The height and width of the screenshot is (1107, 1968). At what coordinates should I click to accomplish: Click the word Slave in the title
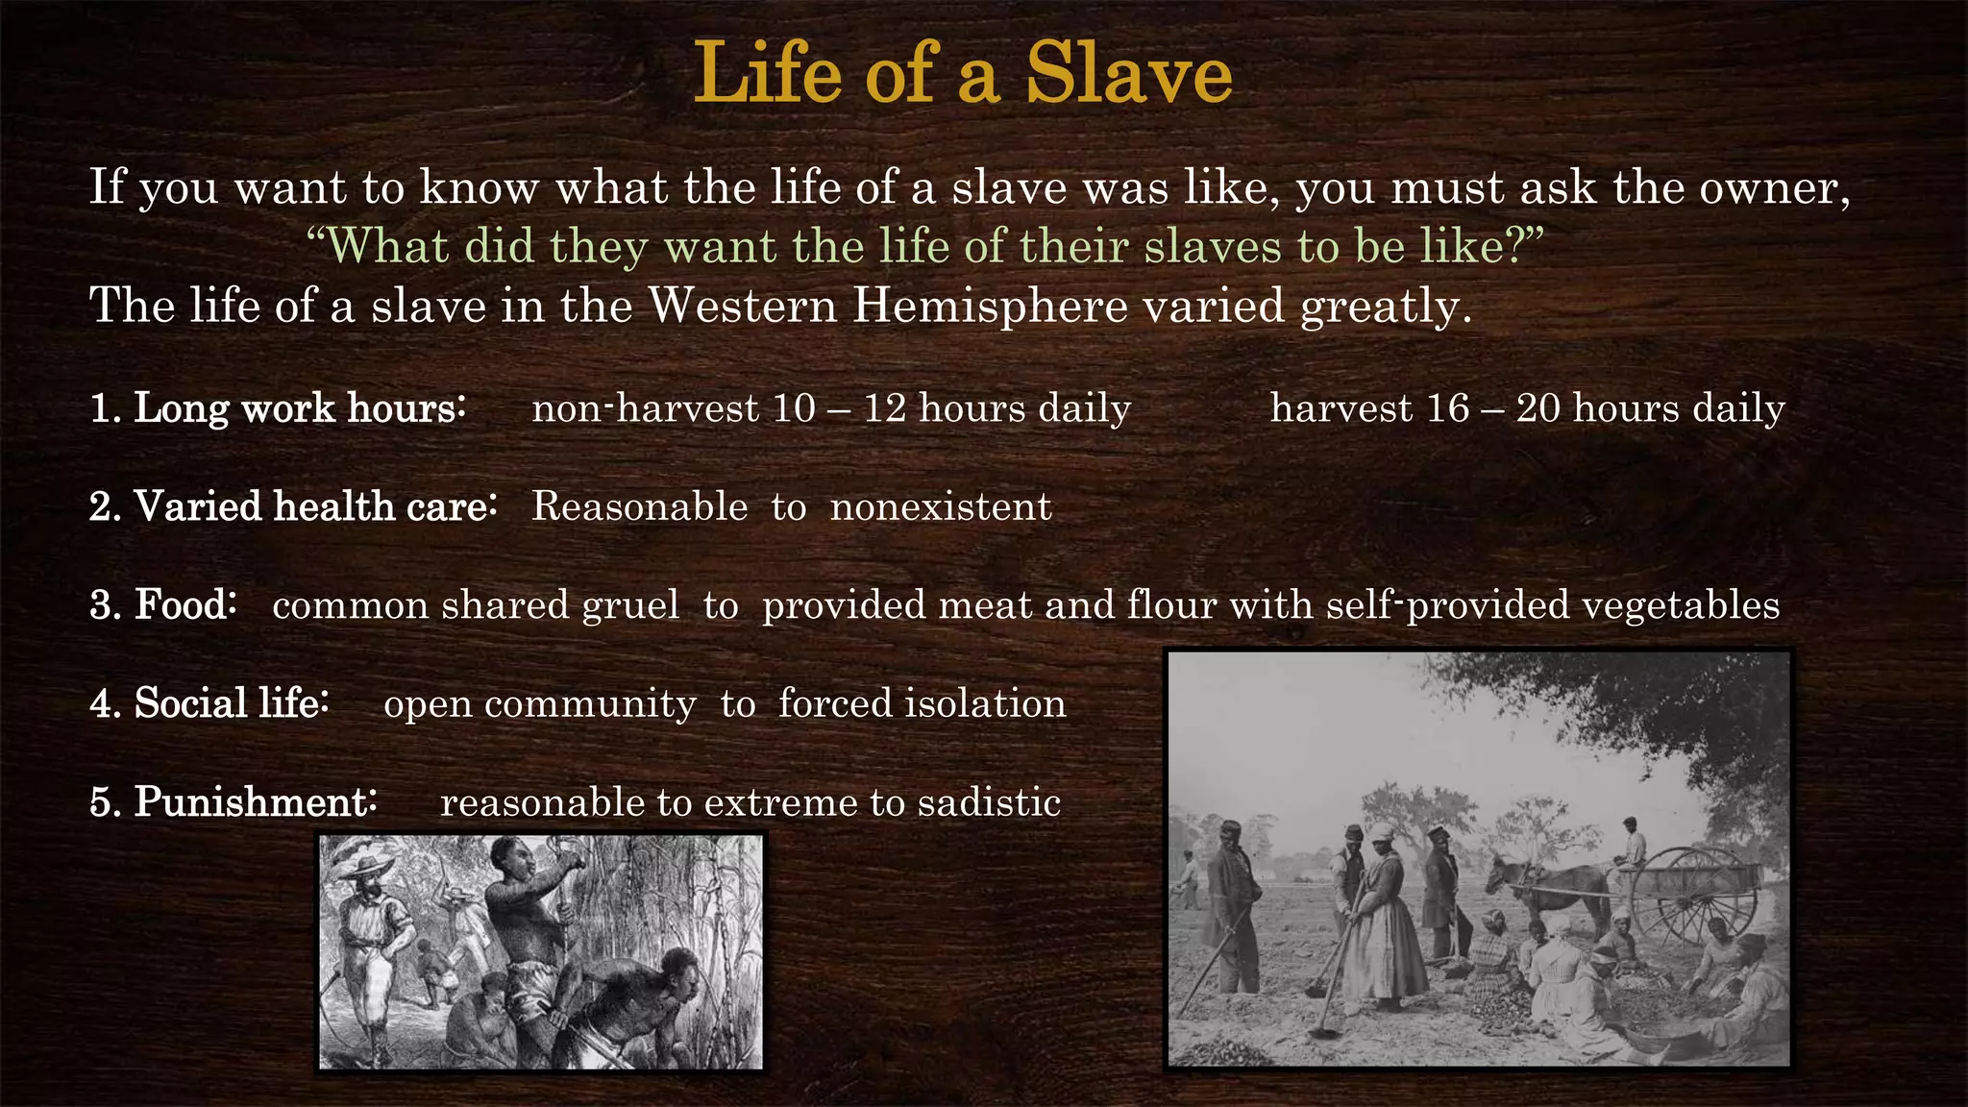(1128, 73)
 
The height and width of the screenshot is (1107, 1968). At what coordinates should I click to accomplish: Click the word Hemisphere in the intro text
(990, 306)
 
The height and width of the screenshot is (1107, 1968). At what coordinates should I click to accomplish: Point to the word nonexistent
(940, 506)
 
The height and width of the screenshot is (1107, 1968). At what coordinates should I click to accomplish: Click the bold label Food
(184, 605)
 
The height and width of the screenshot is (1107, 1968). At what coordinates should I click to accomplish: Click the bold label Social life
(231, 703)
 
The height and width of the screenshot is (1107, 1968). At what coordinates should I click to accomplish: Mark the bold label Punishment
(255, 802)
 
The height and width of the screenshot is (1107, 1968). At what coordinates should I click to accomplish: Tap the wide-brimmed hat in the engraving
(362, 862)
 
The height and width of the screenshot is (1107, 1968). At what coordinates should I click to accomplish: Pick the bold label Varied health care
(314, 506)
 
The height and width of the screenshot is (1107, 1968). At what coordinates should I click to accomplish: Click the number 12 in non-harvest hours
(884, 408)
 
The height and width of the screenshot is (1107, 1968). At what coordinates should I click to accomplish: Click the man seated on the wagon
(1631, 841)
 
